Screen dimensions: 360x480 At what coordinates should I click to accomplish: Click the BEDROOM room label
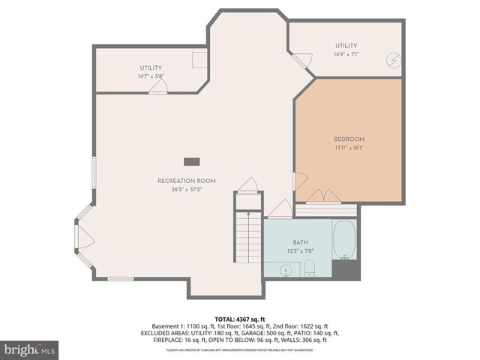(349, 139)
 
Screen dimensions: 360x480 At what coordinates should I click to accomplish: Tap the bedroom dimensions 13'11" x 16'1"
(349, 148)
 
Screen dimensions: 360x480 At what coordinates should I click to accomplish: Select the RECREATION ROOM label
(186, 181)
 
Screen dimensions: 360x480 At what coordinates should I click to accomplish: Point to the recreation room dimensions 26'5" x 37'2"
(186, 189)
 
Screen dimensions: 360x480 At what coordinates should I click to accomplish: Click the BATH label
(300, 242)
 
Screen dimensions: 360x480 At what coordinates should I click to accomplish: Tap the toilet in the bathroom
(309, 269)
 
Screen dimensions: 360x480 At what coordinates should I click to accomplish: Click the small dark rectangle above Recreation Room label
(193, 160)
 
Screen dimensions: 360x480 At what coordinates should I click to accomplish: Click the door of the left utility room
(157, 87)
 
